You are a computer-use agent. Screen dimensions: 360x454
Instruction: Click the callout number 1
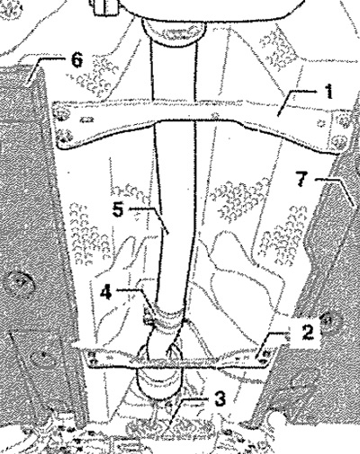(x=329, y=92)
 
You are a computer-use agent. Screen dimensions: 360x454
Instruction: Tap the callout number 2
(x=307, y=333)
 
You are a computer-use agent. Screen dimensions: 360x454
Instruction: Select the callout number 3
(x=220, y=399)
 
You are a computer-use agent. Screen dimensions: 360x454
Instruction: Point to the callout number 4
(x=105, y=292)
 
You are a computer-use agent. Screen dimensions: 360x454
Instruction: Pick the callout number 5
(x=118, y=209)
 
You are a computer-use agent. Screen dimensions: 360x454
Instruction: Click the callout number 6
(x=76, y=60)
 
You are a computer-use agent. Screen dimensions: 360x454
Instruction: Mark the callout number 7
(x=302, y=179)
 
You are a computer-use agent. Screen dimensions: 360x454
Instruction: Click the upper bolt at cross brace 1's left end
(x=61, y=115)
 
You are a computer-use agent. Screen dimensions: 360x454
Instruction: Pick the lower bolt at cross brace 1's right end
(x=339, y=141)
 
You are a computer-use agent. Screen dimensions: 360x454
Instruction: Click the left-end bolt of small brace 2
(x=93, y=358)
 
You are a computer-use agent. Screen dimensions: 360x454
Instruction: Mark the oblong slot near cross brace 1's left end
(x=85, y=120)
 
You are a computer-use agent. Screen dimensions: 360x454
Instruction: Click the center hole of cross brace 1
(x=214, y=115)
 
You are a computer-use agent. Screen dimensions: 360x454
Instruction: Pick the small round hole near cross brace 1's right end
(x=322, y=123)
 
